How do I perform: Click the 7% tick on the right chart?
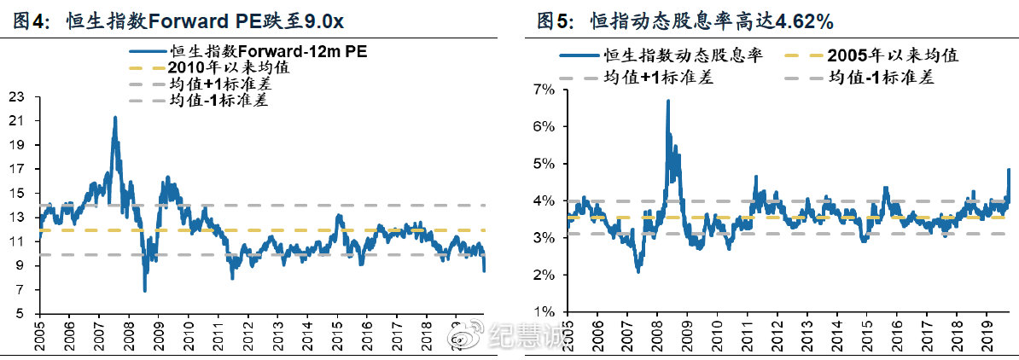[544, 89]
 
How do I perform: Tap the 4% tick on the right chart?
[544, 200]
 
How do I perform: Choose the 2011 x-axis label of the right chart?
[747, 334]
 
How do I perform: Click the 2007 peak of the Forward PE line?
[114, 118]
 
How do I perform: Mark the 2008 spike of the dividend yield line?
[667, 101]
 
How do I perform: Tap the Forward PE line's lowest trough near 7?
[145, 290]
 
